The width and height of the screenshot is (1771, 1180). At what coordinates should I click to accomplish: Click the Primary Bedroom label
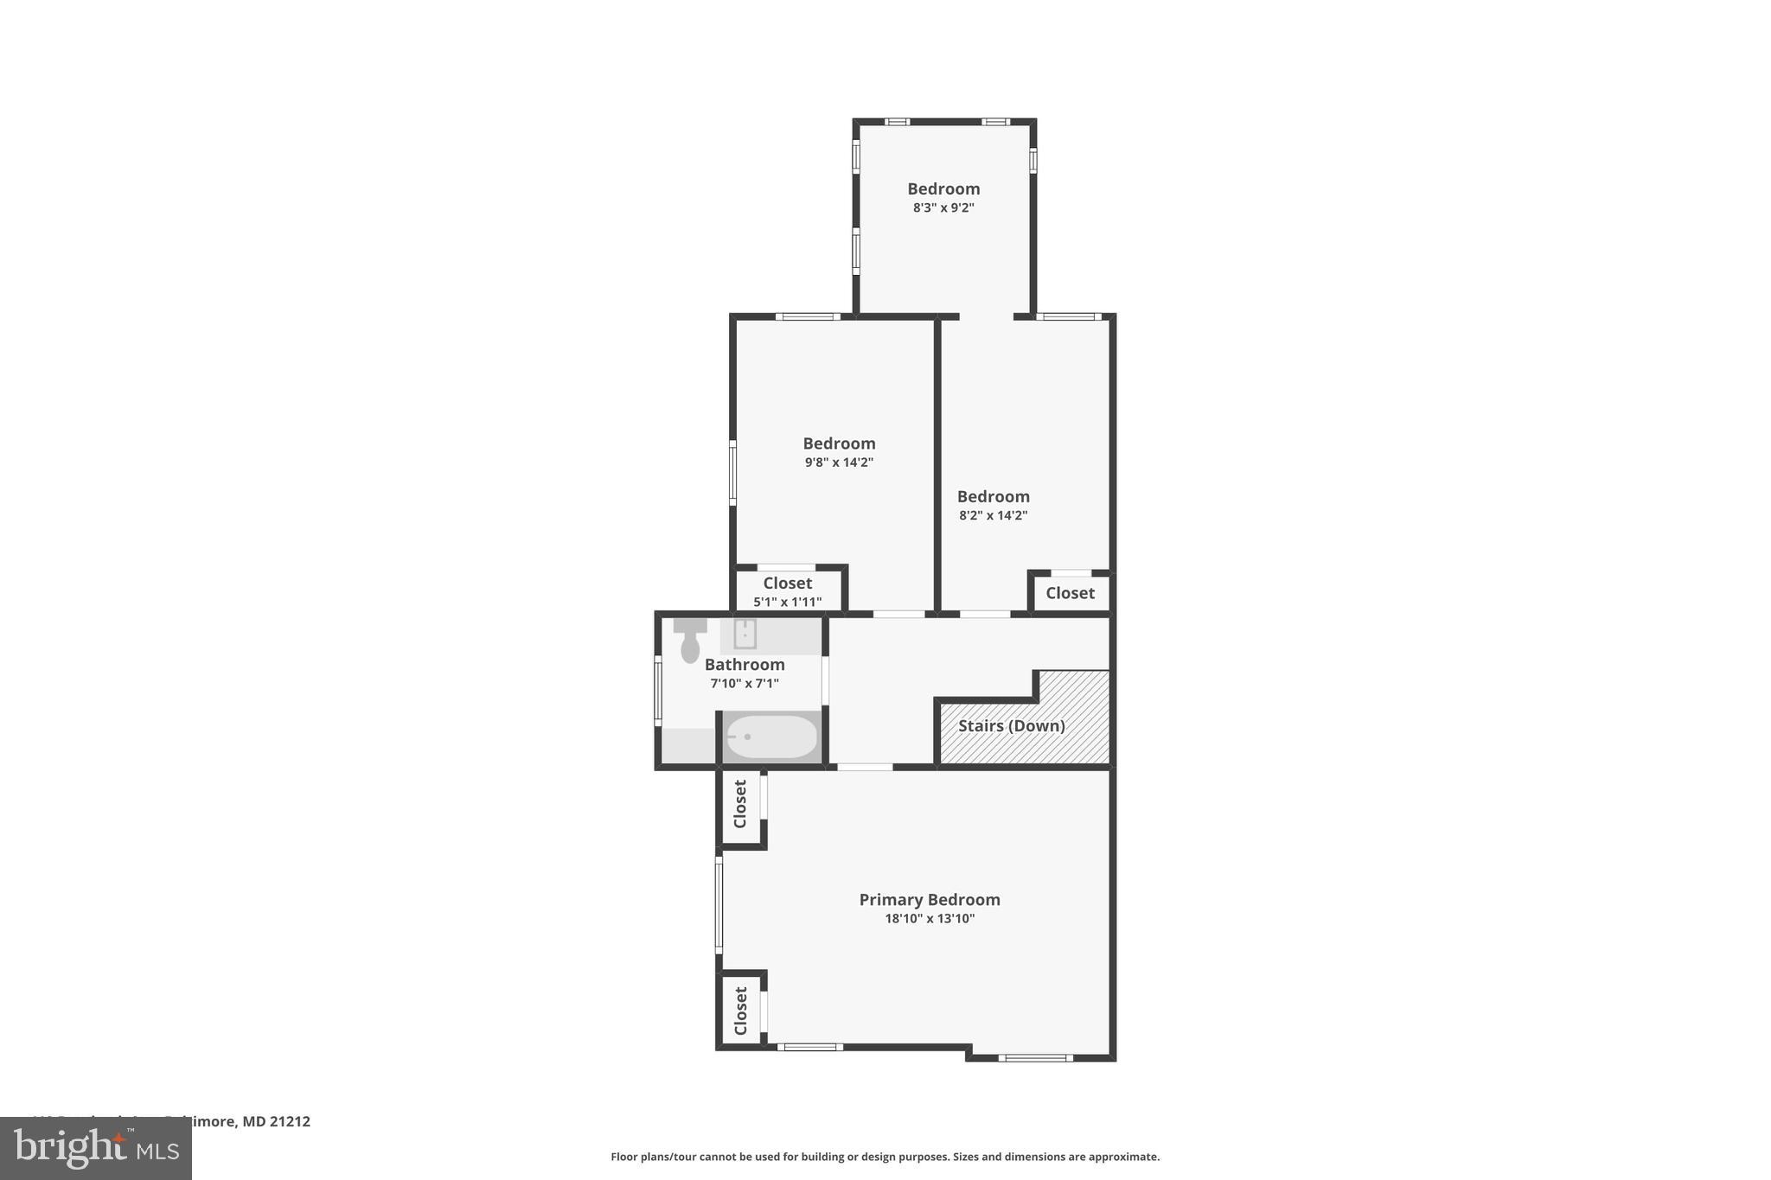click(930, 900)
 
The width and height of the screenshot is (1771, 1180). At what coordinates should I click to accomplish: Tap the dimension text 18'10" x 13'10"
click(930, 919)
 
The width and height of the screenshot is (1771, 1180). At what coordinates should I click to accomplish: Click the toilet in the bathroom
click(690, 642)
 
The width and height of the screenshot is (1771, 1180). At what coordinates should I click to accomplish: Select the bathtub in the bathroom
click(770, 737)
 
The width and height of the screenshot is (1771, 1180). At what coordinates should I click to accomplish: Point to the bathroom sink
click(745, 634)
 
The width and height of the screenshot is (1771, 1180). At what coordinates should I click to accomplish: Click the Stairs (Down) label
click(1011, 726)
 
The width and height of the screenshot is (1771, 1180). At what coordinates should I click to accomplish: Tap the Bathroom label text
click(745, 665)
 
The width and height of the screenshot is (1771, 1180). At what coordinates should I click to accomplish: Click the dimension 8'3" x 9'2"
click(943, 208)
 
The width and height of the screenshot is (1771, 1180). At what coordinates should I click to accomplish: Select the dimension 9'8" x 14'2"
click(839, 462)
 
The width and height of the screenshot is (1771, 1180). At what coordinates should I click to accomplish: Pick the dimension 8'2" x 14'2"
click(993, 515)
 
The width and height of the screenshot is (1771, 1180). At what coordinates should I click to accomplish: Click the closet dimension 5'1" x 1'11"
click(787, 602)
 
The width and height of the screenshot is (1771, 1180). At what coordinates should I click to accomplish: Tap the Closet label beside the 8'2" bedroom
click(1070, 593)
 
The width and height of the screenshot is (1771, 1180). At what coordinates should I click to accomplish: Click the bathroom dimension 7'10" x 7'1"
click(745, 684)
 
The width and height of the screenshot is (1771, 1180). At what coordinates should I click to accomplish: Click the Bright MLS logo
click(96, 1149)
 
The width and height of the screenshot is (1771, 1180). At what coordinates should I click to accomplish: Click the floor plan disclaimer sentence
click(885, 1157)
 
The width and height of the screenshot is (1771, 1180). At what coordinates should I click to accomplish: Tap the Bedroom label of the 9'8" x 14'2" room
click(839, 443)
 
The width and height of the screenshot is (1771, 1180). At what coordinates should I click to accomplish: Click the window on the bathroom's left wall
click(658, 690)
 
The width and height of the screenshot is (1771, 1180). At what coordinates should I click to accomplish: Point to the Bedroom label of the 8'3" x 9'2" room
click(943, 189)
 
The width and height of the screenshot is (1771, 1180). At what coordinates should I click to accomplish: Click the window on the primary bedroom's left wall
click(719, 904)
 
